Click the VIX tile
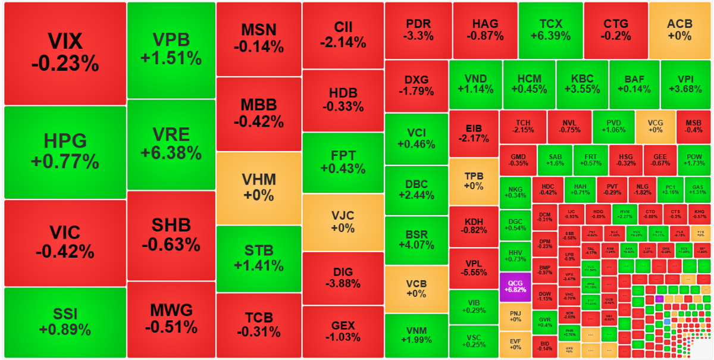pos(65,53)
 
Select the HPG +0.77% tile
pos(65,152)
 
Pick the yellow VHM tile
pos(259,188)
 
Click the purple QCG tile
pos(515,286)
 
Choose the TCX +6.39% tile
pos(550,29)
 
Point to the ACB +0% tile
pos(679,29)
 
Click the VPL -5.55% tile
pos(474,268)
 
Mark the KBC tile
pos(582,84)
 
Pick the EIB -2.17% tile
pos(474,133)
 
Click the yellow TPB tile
pos(474,181)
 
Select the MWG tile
pos(171,320)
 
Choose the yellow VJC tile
pos(343,221)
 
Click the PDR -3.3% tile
pos(418,29)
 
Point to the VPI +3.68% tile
pos(685,84)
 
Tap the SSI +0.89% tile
pos(65,322)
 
